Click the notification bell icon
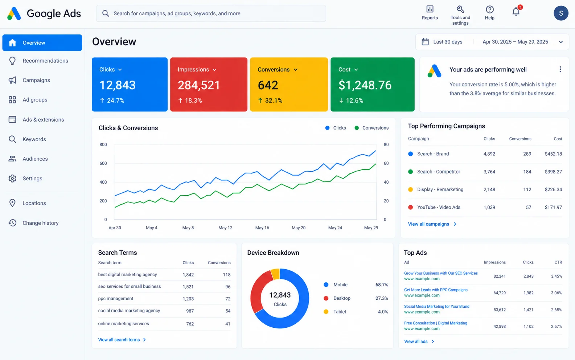click(x=516, y=12)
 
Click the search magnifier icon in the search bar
click(x=106, y=13)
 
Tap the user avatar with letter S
click(x=561, y=13)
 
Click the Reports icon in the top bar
click(x=430, y=9)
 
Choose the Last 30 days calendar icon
click(x=425, y=42)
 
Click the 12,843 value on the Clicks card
click(x=117, y=85)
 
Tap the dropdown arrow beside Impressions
click(x=215, y=70)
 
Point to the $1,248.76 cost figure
click(x=365, y=85)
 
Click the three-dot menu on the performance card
click(x=560, y=69)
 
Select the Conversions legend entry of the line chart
click(x=371, y=128)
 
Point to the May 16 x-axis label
click(x=262, y=228)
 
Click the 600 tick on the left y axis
click(x=103, y=163)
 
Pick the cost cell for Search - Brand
click(x=553, y=154)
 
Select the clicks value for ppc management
click(x=188, y=299)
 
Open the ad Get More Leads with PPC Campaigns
click(x=436, y=290)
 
